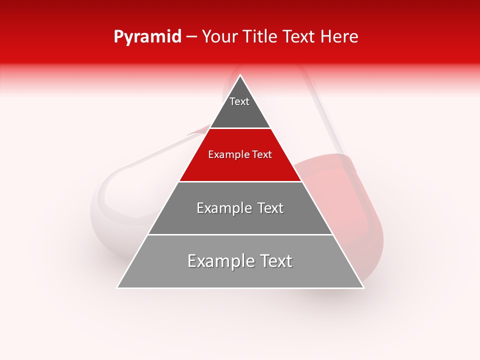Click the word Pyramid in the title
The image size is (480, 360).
[x=147, y=37]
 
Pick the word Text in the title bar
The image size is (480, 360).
[x=299, y=37]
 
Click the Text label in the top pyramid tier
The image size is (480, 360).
[x=239, y=102]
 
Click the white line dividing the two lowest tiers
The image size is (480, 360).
[x=240, y=234]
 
